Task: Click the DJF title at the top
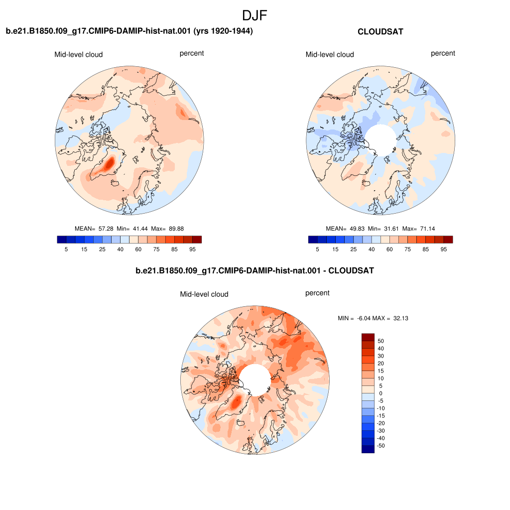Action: point(255,15)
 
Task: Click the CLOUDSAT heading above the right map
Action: point(380,31)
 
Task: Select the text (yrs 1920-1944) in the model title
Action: point(223,31)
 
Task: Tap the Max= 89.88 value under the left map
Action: point(167,229)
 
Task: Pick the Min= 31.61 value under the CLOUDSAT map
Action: point(383,229)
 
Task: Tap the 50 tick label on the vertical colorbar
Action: point(381,341)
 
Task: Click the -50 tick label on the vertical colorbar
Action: point(381,446)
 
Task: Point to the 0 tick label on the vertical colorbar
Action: point(381,393)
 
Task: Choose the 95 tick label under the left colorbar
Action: point(193,249)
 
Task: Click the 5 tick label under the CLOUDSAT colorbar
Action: point(317,249)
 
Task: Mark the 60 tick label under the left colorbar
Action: point(138,249)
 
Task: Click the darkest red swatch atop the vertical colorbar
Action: point(368,337)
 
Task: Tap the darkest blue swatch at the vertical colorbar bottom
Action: point(368,449)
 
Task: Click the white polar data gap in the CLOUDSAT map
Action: point(380,140)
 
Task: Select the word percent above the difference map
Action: point(317,293)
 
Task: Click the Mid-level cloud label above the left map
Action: point(78,54)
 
